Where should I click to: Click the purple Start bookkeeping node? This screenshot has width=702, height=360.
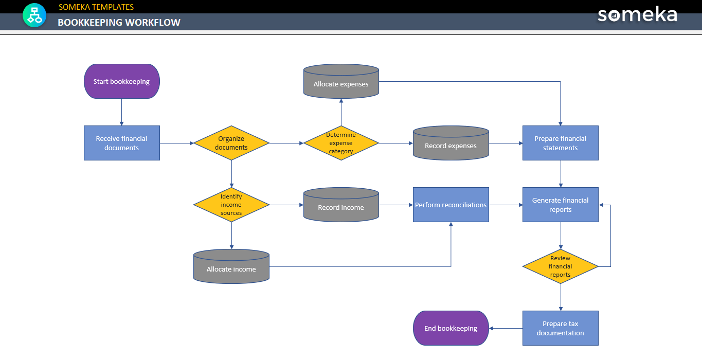pyautogui.click(x=122, y=81)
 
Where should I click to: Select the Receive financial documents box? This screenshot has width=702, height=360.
pyautogui.click(x=122, y=143)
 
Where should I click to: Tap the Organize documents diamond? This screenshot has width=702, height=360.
pyautogui.click(x=231, y=143)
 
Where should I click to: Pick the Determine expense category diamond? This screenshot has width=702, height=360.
pyautogui.click(x=341, y=143)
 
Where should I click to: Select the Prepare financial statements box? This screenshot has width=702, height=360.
pyautogui.click(x=560, y=143)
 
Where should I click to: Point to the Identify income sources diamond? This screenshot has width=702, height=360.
pyautogui.click(x=231, y=205)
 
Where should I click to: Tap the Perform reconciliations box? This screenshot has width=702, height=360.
pyautogui.click(x=451, y=205)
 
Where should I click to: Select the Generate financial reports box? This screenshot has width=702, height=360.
pyautogui.click(x=560, y=205)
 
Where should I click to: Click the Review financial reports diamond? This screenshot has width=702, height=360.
pyautogui.click(x=560, y=266)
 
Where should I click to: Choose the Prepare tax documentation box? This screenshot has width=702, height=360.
pyautogui.click(x=560, y=328)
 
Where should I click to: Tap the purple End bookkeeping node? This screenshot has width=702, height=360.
pyautogui.click(x=451, y=328)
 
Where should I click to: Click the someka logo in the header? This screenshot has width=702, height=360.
pyautogui.click(x=637, y=15)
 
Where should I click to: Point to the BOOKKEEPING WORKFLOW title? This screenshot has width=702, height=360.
pyautogui.click(x=119, y=23)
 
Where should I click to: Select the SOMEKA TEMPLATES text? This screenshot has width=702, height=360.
pyautogui.click(x=96, y=7)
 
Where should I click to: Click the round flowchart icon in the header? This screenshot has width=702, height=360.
pyautogui.click(x=34, y=15)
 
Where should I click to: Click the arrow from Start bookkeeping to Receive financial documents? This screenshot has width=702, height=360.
pyautogui.click(x=122, y=112)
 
